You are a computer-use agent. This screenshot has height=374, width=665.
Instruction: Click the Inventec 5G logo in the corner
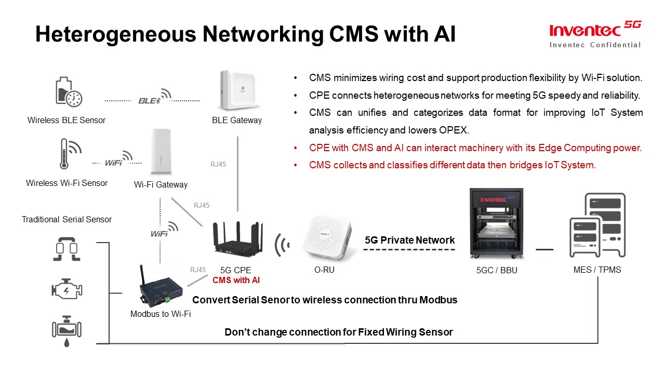click(x=595, y=29)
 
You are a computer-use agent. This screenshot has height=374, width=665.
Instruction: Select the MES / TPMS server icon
click(x=597, y=226)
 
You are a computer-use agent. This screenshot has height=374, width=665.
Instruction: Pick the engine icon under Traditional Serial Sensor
click(x=66, y=289)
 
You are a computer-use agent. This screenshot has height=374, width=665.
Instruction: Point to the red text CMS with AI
click(x=236, y=280)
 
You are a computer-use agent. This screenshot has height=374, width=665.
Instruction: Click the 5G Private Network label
click(x=410, y=241)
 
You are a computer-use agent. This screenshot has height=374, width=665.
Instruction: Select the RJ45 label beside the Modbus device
click(x=198, y=270)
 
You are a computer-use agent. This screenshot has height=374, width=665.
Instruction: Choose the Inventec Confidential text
click(x=595, y=45)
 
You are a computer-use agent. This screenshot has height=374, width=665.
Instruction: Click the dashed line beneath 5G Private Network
click(x=409, y=250)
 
